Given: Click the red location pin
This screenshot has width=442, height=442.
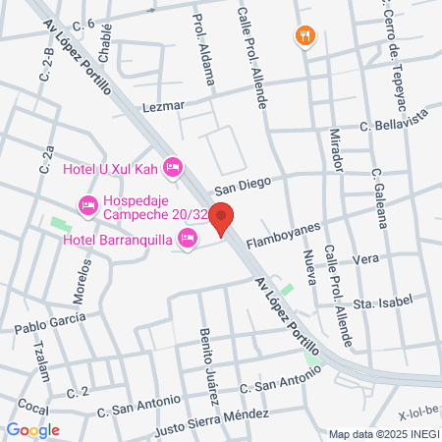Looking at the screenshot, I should (x=222, y=218).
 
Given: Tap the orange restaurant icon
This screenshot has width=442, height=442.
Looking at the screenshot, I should (x=306, y=36).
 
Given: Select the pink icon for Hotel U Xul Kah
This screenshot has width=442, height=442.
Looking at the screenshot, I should (x=173, y=168).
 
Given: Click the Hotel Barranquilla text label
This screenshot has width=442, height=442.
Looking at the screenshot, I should (x=117, y=239).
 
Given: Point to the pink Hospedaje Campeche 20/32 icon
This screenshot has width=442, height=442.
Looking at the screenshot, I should (x=86, y=205).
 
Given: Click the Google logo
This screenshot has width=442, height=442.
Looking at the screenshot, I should (x=32, y=429).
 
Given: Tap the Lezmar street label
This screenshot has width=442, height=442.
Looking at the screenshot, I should (x=163, y=106).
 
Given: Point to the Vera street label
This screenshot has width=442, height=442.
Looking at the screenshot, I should (x=364, y=259).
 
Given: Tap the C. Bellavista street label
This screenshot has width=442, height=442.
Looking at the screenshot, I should (x=391, y=126).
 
